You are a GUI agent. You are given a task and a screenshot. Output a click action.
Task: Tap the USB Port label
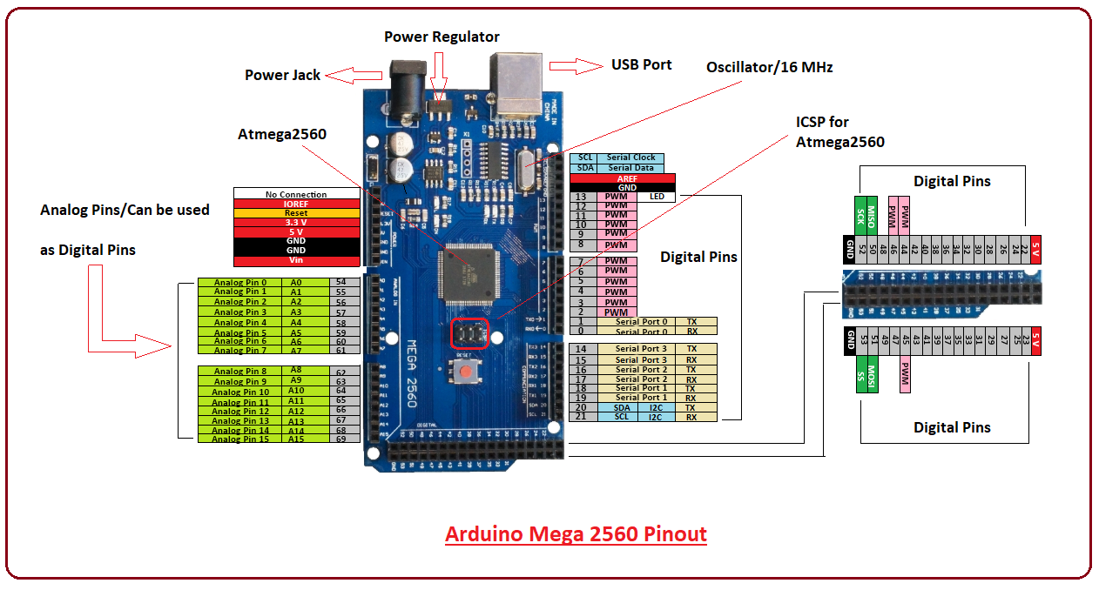641,64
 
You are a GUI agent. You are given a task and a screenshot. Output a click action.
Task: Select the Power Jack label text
282,75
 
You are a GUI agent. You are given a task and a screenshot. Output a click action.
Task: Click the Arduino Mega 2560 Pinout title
576,533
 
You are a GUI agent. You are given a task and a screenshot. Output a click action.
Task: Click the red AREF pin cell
627,178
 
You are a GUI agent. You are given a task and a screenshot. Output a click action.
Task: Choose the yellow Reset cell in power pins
296,213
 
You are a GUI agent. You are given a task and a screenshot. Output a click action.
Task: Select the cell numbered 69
340,439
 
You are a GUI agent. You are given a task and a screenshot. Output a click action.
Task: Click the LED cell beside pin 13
657,197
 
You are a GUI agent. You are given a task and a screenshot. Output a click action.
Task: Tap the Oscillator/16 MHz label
769,67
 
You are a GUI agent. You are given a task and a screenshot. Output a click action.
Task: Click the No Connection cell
296,194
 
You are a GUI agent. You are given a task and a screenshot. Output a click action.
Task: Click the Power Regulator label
442,37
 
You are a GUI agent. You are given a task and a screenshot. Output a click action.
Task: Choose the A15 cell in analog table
296,439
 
